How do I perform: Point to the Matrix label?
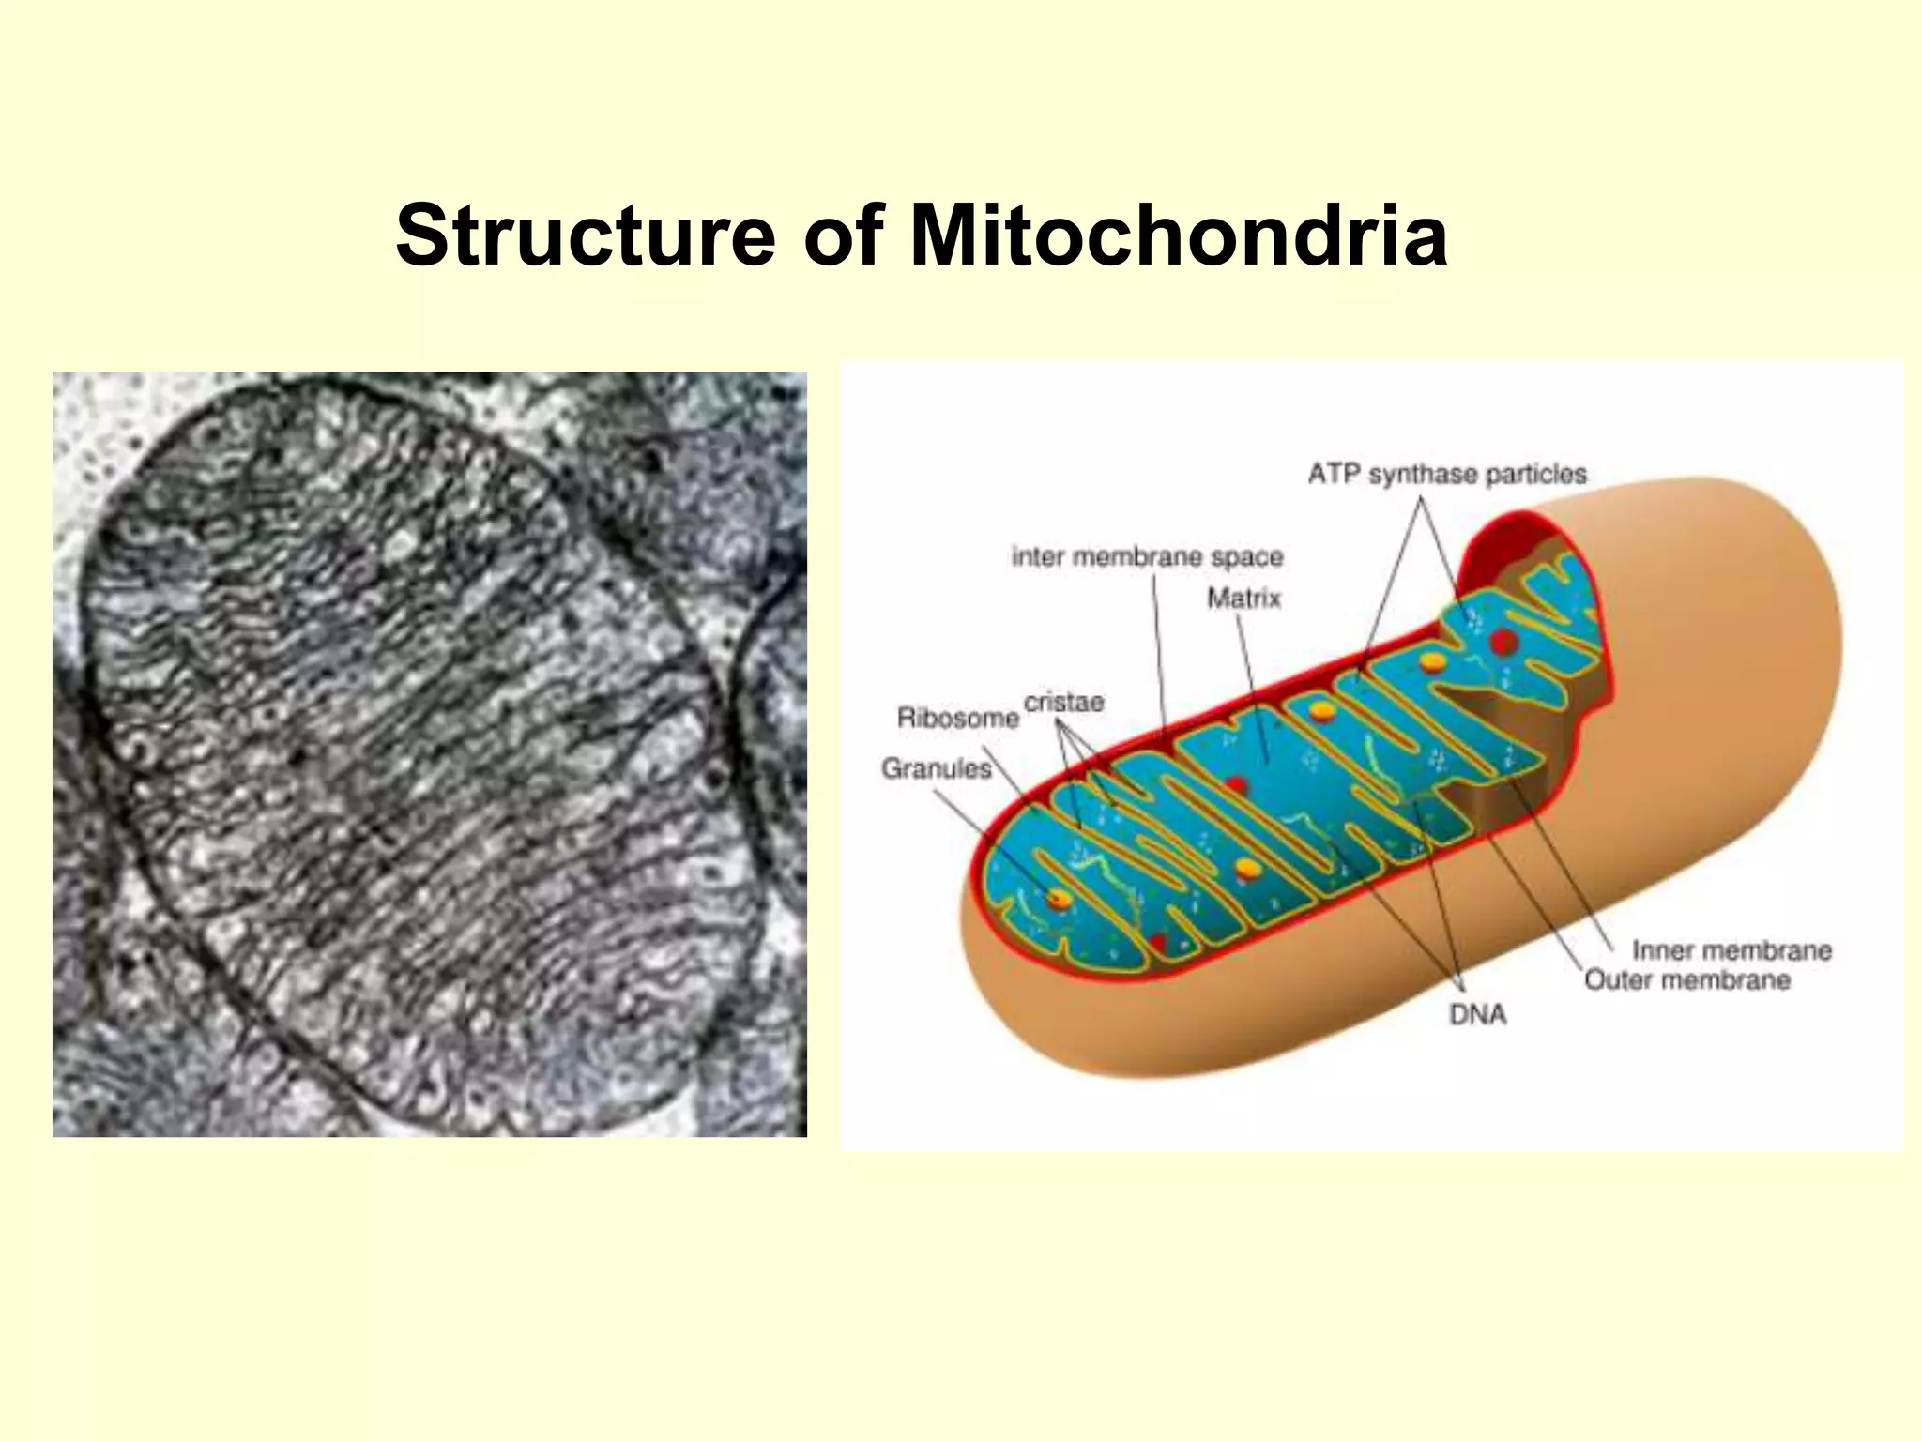tap(1243, 598)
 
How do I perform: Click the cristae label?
tap(1063, 702)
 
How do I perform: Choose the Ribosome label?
tap(957, 718)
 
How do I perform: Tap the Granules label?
tap(936, 768)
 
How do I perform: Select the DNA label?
tap(1477, 1014)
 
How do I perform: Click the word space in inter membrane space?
tap(1246, 556)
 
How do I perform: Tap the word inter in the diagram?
tap(1038, 556)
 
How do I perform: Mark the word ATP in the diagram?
tap(1334, 474)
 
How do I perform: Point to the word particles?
tap(1536, 474)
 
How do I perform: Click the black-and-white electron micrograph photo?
tap(429, 753)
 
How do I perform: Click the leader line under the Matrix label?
tap(1253, 685)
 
